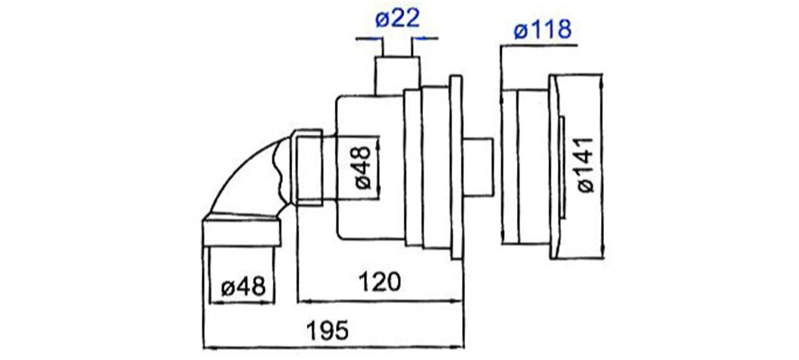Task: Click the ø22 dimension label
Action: (397, 19)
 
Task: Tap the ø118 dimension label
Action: (542, 30)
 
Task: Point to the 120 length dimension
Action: (379, 281)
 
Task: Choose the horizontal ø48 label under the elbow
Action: (243, 287)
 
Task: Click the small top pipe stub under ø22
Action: (397, 76)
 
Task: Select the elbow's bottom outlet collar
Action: (242, 233)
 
